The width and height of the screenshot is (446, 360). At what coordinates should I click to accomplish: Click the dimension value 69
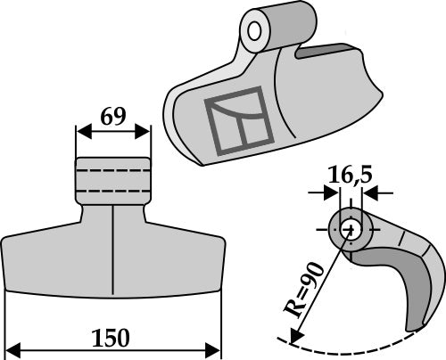[112, 117]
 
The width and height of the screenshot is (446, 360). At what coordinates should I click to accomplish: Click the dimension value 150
[111, 339]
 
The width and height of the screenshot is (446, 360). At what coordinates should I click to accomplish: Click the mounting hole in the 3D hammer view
[255, 32]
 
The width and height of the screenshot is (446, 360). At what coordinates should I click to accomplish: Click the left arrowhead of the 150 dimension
[11, 347]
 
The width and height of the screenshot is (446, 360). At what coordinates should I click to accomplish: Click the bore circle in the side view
[350, 227]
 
